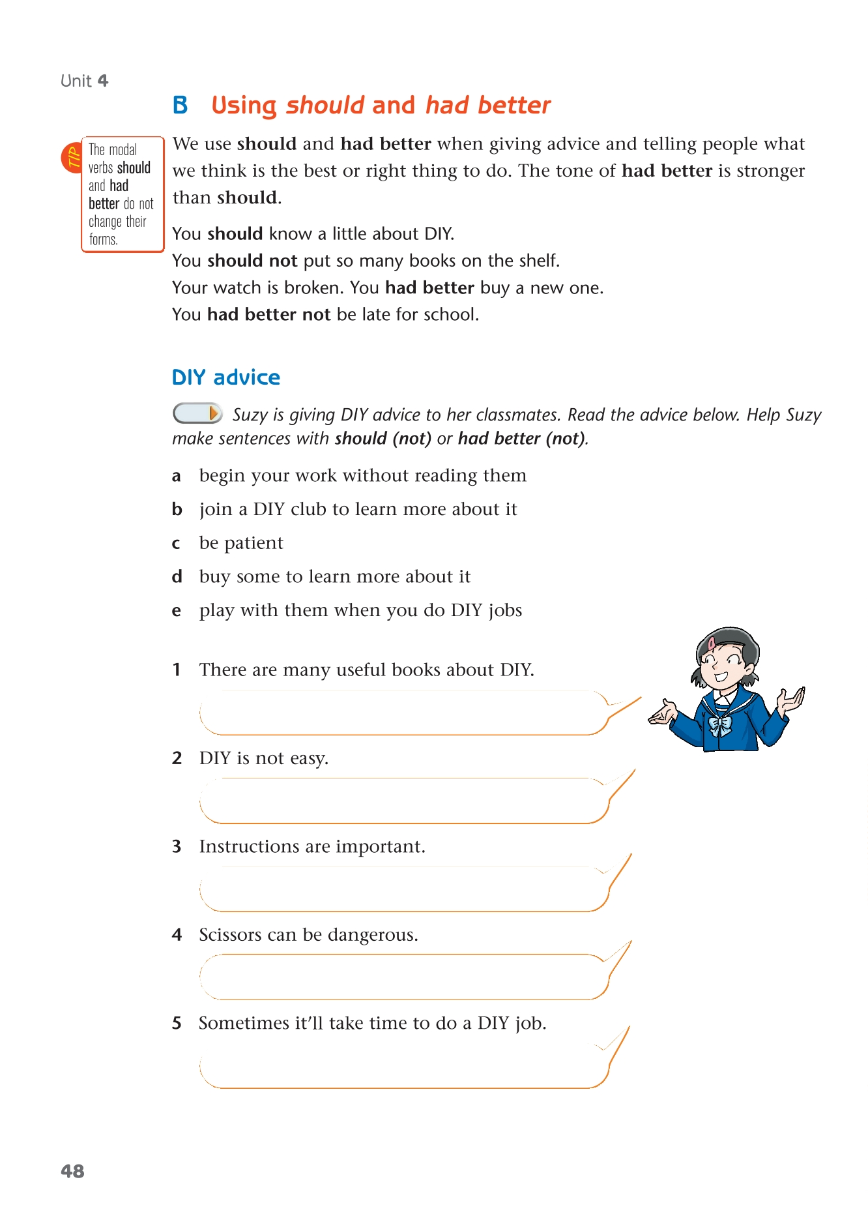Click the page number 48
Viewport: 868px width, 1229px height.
pos(72,1171)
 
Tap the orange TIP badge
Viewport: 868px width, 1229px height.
pos(72,157)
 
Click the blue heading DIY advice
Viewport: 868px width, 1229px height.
pos(225,378)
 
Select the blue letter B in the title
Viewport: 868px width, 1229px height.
pos(180,105)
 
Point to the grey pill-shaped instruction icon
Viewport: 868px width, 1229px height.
pos(197,413)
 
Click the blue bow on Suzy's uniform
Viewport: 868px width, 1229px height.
pos(719,726)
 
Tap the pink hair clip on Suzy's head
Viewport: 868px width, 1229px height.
pos(712,643)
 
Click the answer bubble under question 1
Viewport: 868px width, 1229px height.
pos(404,713)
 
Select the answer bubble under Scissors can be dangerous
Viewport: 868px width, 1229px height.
pos(404,977)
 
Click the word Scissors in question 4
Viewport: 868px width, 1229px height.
pos(230,935)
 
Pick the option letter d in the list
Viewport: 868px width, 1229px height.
pos(177,576)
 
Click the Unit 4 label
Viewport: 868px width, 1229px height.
pos(84,81)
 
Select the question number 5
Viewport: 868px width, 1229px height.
pos(177,1023)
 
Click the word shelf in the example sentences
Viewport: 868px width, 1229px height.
pos(538,261)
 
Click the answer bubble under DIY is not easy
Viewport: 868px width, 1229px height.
pos(404,801)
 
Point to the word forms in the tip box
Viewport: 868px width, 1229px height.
pos(103,240)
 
